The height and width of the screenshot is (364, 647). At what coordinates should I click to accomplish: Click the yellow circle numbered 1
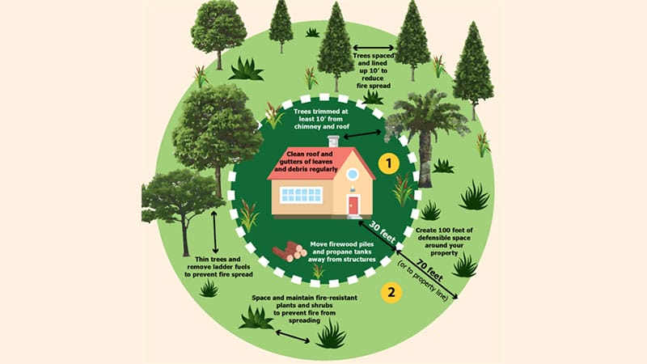[x=391, y=165]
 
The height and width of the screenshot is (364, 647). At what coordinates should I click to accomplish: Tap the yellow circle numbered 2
[x=391, y=292]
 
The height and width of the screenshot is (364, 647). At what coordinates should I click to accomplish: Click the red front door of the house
[x=353, y=205]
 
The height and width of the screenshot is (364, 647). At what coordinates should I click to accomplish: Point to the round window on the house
[x=352, y=174]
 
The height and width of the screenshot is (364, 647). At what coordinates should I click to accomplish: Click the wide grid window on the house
[x=301, y=195]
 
